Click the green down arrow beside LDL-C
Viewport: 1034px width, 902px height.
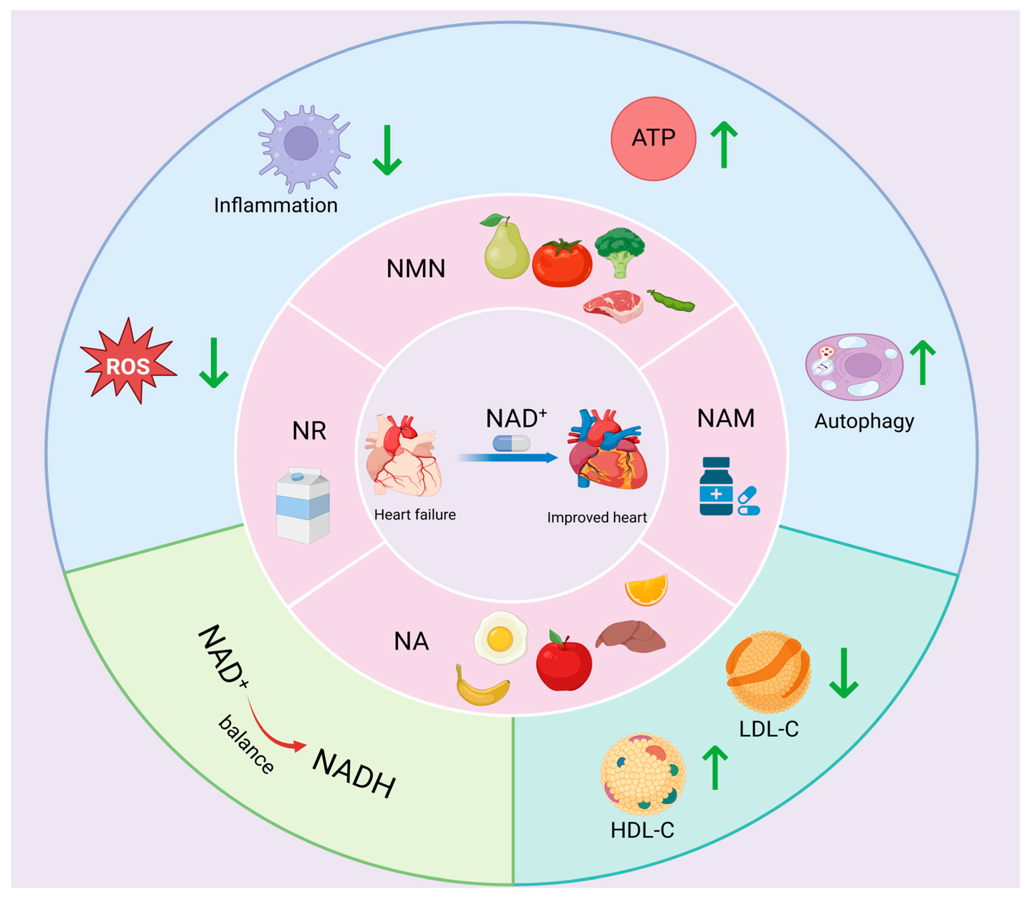(x=844, y=673)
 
